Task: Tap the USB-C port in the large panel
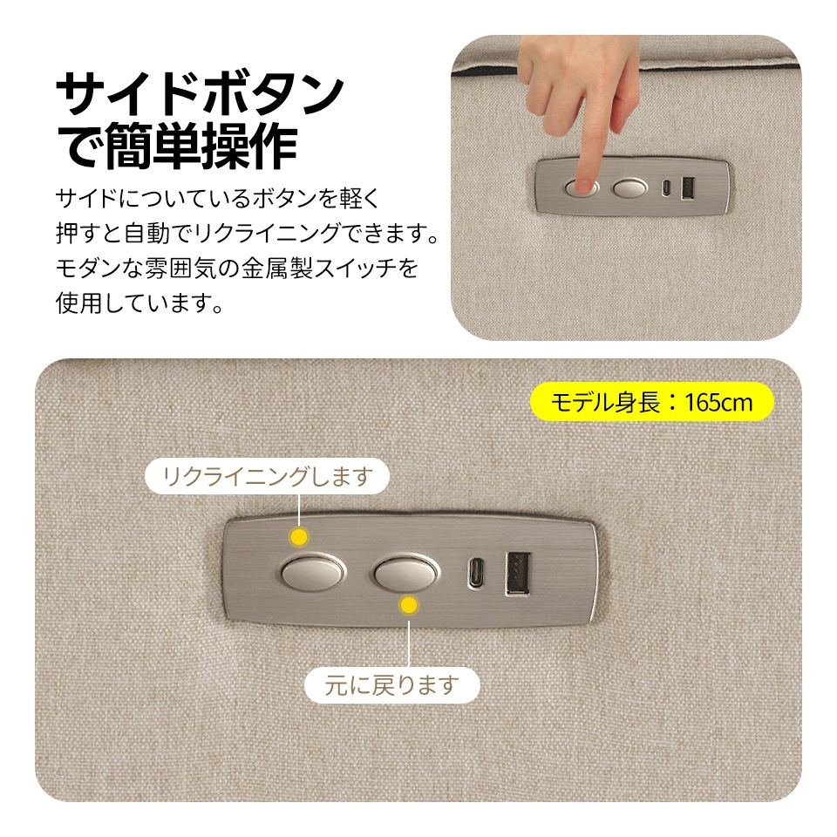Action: pyautogui.click(x=477, y=575)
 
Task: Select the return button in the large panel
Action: pyautogui.click(x=405, y=573)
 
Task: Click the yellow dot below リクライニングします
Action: pyautogui.click(x=300, y=536)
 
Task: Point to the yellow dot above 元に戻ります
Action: pyautogui.click(x=408, y=604)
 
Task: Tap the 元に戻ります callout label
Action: pyautogui.click(x=391, y=685)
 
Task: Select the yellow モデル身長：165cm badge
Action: pyautogui.click(x=651, y=402)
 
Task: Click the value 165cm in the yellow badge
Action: pyautogui.click(x=717, y=403)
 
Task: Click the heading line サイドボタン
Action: pyautogui.click(x=199, y=95)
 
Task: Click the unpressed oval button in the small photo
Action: pyautogui.click(x=629, y=187)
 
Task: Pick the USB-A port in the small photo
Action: pyautogui.click(x=687, y=187)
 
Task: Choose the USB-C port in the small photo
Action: pyautogui.click(x=667, y=188)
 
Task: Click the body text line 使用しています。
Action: pyautogui.click(x=137, y=303)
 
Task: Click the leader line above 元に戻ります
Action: pyautogui.click(x=408, y=636)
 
